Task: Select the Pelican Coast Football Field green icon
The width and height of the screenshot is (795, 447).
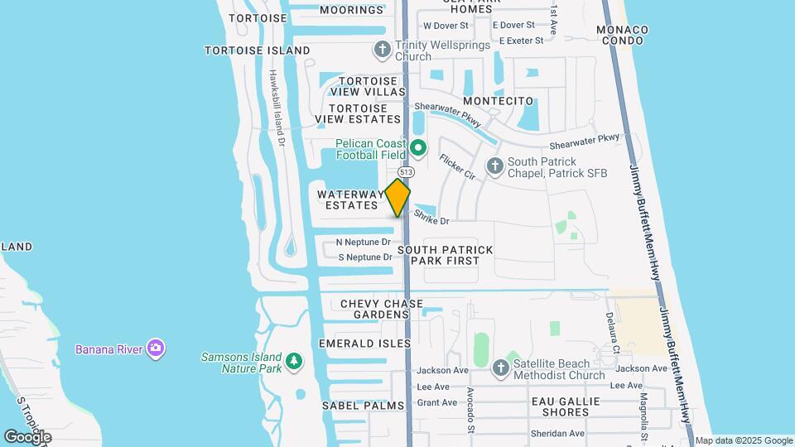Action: pos(419,149)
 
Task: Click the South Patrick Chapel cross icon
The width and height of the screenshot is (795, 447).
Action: pos(495,166)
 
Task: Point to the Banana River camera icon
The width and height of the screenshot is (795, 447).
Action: pos(155,348)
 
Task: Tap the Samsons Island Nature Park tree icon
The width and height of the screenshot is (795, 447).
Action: pos(294,361)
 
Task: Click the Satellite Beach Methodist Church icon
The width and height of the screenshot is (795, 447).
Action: pos(500,367)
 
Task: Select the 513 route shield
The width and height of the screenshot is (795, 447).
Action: pos(406,171)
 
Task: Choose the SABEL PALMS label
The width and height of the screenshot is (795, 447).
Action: pos(364,406)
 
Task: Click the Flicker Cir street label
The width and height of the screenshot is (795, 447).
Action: pos(457,167)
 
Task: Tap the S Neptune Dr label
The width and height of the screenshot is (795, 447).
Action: pos(364,257)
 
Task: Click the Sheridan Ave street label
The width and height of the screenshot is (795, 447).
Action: pos(559,433)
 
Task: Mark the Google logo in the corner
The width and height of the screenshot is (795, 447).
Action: pos(27,436)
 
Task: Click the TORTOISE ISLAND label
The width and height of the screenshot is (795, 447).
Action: pos(246,50)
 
